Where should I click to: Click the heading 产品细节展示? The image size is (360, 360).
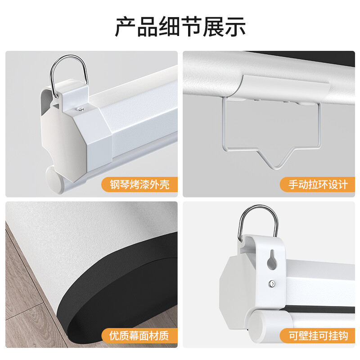(x=180, y=27)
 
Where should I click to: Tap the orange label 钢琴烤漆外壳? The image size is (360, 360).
(x=139, y=184)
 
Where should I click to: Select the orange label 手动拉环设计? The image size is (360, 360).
(x=318, y=184)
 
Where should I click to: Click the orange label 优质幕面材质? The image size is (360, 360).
(x=139, y=335)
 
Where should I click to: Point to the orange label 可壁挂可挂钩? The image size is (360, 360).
(x=318, y=335)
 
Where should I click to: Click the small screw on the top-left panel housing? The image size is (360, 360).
(x=81, y=109)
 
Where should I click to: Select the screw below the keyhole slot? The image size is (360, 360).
(x=272, y=284)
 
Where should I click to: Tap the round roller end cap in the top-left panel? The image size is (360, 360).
(x=54, y=179)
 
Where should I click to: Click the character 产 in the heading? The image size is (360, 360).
(x=125, y=27)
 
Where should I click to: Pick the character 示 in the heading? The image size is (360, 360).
(x=235, y=27)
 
